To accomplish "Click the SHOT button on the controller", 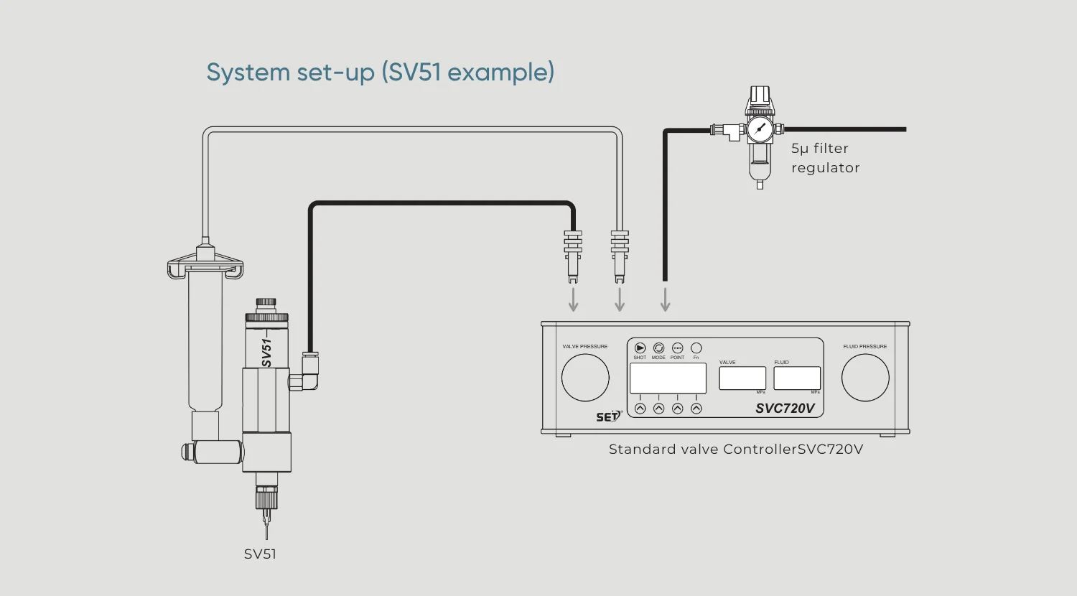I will point(640,348).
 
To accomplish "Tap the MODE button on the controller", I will point(658,348).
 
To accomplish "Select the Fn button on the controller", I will point(696,348).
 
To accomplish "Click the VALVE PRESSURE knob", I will point(585,378).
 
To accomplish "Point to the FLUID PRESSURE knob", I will point(865,378).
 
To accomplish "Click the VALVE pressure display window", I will point(742,378).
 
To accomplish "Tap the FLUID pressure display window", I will point(797,378).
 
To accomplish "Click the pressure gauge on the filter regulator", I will point(760,130).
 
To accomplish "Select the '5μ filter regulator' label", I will point(825,158).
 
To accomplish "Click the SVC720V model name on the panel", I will point(785,409).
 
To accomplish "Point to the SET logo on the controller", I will point(607,416).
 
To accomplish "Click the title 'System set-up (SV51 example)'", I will point(381,73).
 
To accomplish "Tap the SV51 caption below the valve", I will point(260,554).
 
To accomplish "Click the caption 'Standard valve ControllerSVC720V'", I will point(736,450).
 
